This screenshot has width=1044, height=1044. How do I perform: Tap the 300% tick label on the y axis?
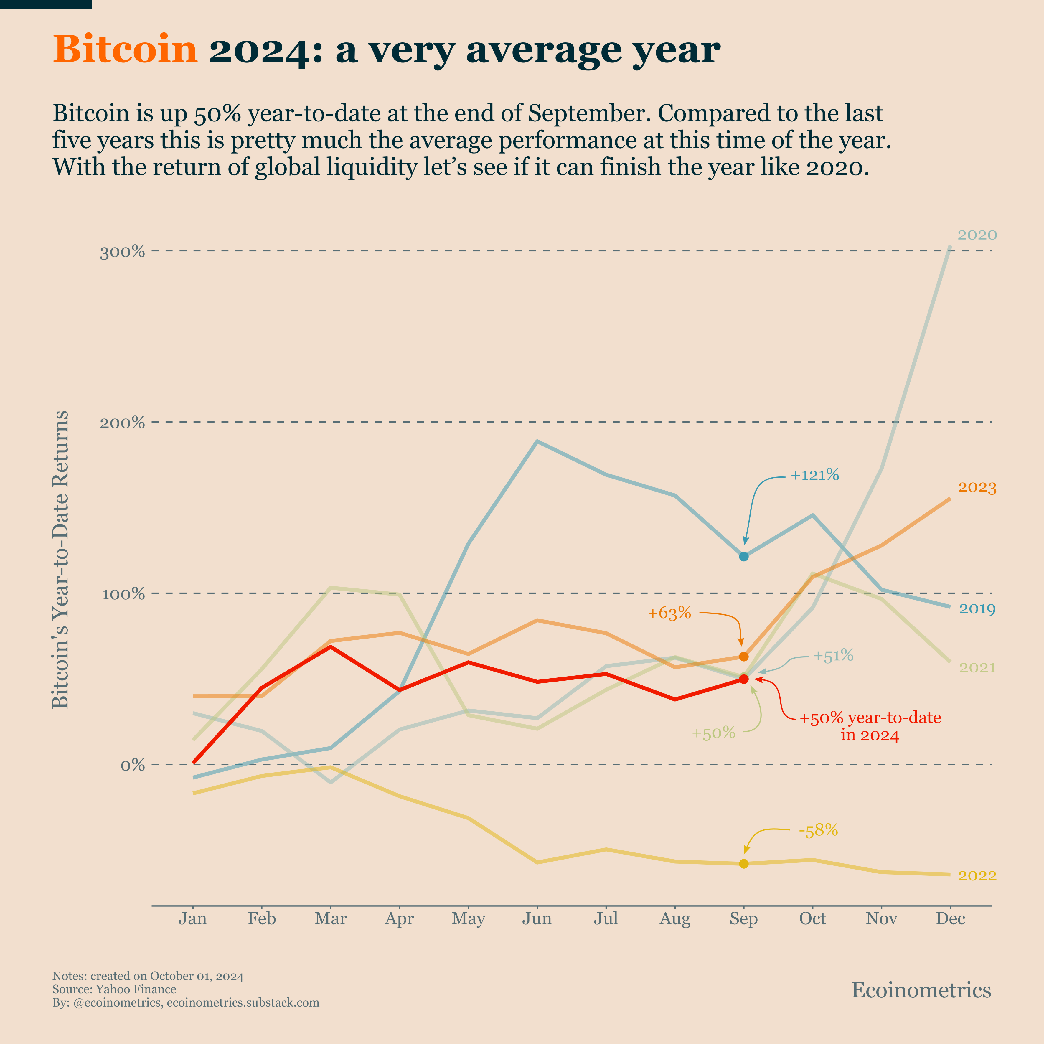click(123, 252)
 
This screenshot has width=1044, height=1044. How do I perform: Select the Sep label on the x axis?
click(743, 919)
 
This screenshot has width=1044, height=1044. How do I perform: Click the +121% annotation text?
click(814, 476)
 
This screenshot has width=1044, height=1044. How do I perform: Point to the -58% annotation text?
click(818, 831)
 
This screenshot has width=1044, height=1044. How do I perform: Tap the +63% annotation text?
click(669, 613)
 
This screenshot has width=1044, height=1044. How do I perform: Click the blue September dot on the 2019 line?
click(743, 557)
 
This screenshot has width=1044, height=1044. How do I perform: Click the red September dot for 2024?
click(743, 679)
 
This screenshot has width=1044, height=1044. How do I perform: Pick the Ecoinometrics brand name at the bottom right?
click(921, 990)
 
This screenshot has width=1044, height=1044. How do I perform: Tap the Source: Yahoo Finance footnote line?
click(114, 989)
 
